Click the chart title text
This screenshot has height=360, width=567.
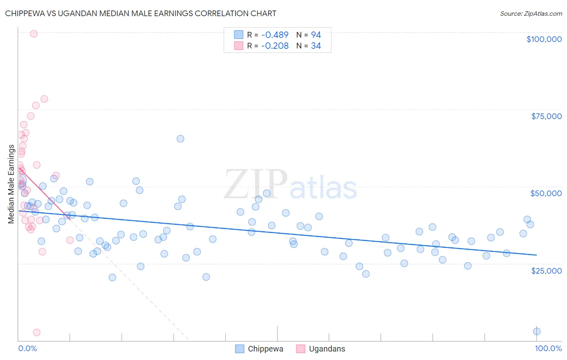click(141, 13)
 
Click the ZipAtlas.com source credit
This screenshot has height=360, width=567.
click(531, 14)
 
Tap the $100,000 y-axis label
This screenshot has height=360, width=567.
click(544, 39)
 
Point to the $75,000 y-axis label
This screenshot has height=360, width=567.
click(546, 116)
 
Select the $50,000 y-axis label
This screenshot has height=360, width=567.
click(546, 193)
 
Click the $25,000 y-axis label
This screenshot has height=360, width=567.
click(546, 271)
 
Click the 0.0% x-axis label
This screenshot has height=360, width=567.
click(27, 348)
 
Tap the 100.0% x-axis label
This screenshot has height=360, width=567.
click(548, 348)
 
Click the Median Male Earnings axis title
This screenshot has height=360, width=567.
click(11, 184)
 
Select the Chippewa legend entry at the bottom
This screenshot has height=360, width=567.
click(259, 349)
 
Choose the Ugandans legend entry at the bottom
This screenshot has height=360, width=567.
click(321, 349)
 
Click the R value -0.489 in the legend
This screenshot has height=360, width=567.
click(275, 35)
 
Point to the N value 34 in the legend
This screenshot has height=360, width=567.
click(316, 46)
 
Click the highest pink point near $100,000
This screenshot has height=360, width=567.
click(34, 34)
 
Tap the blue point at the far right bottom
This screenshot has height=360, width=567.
click(537, 331)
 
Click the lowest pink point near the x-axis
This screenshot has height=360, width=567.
click(37, 333)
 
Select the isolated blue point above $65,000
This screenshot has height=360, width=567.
click(180, 139)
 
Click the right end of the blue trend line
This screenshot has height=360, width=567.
click(536, 255)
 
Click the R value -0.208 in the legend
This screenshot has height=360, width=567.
click(275, 46)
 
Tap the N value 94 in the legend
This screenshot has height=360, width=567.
click(316, 35)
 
